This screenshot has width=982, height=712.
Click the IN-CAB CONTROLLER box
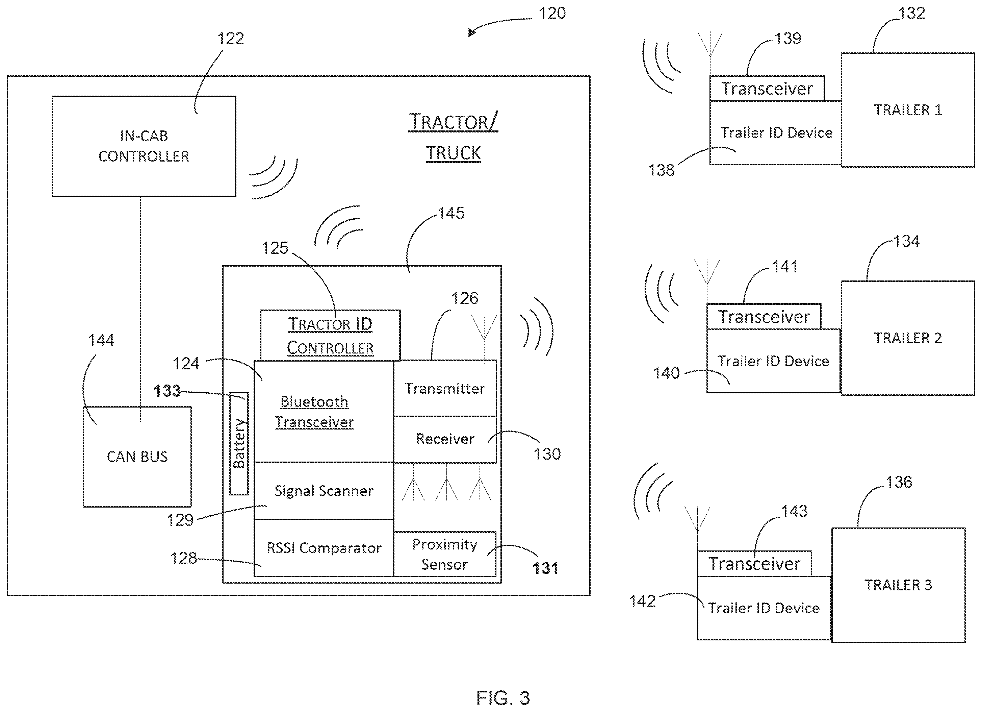(144, 146)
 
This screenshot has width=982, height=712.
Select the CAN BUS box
(137, 456)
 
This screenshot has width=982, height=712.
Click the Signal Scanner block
(324, 491)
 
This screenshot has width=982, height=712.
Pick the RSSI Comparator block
(324, 548)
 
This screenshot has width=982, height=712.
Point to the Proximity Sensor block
(445, 554)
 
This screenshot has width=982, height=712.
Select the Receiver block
(445, 439)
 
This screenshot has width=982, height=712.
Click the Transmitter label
(445, 388)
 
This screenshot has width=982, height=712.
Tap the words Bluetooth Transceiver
(314, 412)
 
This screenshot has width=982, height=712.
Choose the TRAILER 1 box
(907, 110)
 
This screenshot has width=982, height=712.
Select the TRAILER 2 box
(907, 338)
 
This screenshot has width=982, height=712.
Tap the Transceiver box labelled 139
(767, 89)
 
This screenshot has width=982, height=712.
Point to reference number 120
(552, 14)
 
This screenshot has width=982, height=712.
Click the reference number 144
(101, 340)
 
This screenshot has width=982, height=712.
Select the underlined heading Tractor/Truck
(453, 137)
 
